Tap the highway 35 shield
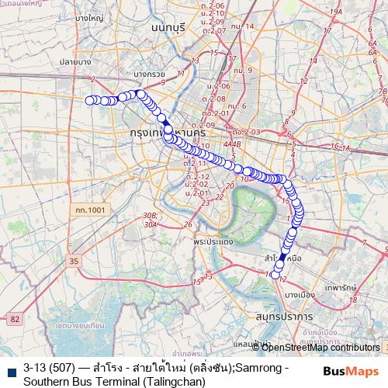click(x=73, y=263)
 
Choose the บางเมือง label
click(x=299, y=295)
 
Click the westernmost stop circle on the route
click(x=88, y=99)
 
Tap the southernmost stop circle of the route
click(x=276, y=274)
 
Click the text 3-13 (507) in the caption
click(x=49, y=366)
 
